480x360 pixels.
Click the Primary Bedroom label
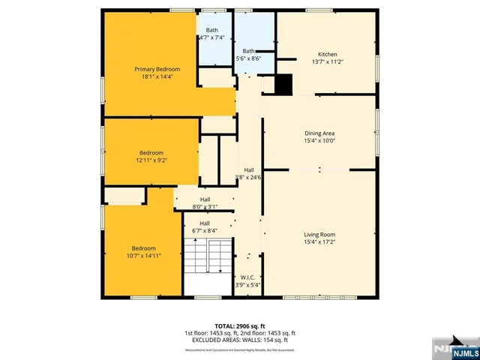coord(157,69)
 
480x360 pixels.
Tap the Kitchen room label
coord(328,55)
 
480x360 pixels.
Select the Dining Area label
coord(319,133)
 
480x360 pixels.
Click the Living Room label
coord(319,235)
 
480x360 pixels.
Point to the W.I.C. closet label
coord(247,277)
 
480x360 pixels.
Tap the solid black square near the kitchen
coord(283,85)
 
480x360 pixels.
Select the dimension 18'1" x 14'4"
coord(157,76)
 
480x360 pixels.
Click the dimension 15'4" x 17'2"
coord(319,242)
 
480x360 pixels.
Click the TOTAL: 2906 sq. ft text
coord(239,325)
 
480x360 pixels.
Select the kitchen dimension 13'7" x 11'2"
coord(328,62)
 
